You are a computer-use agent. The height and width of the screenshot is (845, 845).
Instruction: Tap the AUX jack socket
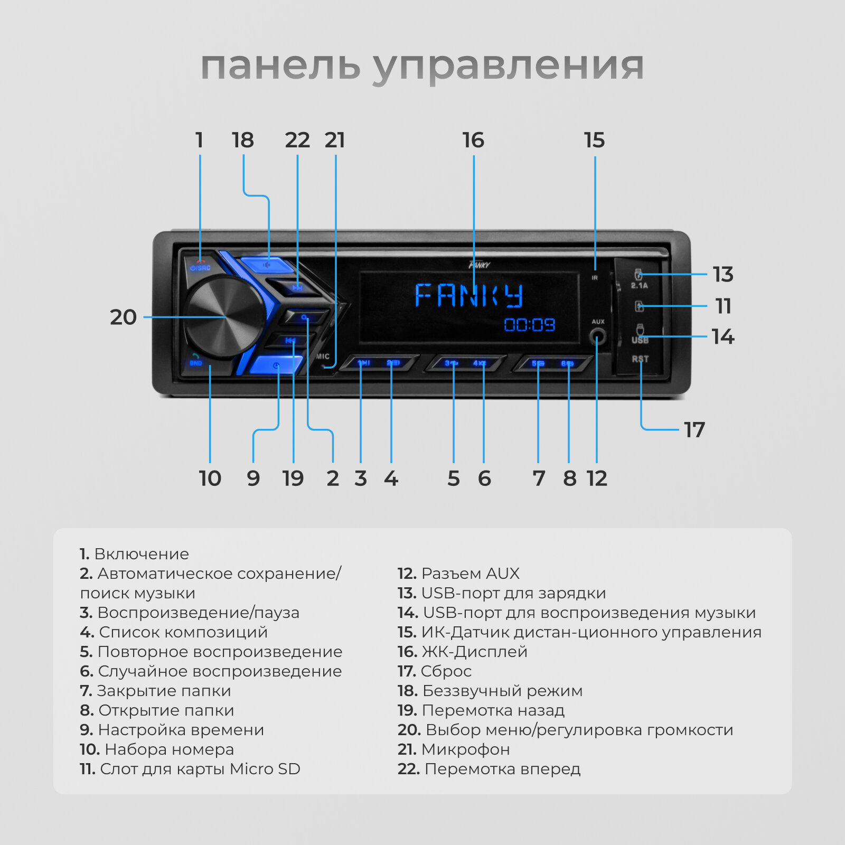click(x=597, y=336)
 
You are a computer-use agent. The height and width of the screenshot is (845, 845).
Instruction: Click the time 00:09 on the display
click(x=529, y=324)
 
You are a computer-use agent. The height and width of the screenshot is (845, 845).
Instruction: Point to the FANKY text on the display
click(x=469, y=295)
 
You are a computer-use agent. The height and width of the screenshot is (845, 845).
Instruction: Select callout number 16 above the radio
click(x=473, y=140)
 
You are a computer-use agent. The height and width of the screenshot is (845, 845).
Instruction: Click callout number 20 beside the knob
click(x=123, y=317)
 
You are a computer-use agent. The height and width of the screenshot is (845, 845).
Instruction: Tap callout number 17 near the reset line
click(x=694, y=430)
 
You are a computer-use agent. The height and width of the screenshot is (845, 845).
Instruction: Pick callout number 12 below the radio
click(x=597, y=478)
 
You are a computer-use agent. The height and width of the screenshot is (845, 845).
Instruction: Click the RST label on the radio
click(x=640, y=359)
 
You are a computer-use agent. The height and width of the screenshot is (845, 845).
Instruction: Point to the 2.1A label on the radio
click(x=639, y=286)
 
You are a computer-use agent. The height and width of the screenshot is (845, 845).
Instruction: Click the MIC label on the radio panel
click(x=323, y=356)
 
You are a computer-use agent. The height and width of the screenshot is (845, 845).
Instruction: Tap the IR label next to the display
click(x=595, y=278)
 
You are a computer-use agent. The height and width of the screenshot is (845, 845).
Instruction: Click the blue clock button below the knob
click(x=276, y=365)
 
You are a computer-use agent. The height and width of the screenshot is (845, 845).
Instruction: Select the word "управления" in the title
click(x=508, y=67)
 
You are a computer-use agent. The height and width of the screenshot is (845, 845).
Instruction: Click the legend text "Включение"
click(x=141, y=554)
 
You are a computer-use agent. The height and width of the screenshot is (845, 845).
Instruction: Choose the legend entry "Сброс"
click(x=446, y=671)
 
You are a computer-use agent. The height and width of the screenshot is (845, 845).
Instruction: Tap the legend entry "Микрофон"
click(x=465, y=749)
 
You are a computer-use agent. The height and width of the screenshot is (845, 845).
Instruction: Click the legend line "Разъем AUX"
click(x=470, y=574)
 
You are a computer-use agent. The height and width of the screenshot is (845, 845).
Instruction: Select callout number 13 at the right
click(x=722, y=275)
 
